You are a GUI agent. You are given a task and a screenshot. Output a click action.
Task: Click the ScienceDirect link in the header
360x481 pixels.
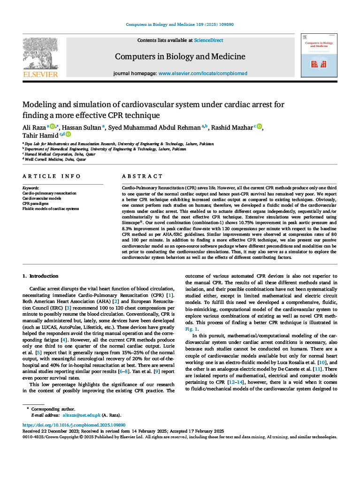pyautogui.click(x=208, y=40)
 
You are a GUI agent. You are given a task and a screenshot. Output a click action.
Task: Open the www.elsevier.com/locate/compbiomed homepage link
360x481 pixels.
pyautogui.click(x=203, y=74)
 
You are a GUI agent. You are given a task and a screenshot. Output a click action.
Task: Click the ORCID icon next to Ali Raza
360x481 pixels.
pyautogui.click(x=52, y=126)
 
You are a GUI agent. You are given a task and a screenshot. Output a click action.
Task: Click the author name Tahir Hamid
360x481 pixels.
pyautogui.click(x=39, y=135)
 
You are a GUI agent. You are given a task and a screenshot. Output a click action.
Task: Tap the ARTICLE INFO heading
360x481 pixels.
pyautogui.click(x=52, y=176)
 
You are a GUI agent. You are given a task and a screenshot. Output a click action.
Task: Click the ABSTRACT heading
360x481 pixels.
pyautogui.click(x=142, y=176)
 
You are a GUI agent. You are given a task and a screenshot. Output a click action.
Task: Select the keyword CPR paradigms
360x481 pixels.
pyautogui.click(x=35, y=203)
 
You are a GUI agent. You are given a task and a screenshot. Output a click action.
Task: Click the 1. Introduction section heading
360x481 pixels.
pyautogui.click(x=41, y=276)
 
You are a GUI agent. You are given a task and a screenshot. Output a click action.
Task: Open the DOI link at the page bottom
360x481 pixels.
pyautogui.click(x=74, y=425)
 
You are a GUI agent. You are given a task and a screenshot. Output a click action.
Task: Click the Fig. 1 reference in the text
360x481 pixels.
pyautogui.click(x=190, y=329)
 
